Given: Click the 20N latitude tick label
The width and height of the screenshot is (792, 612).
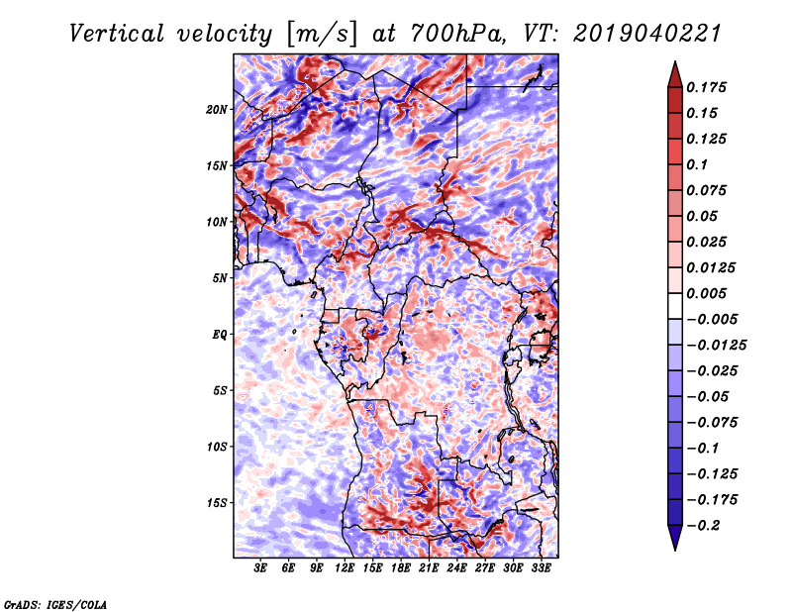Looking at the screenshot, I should (x=217, y=109).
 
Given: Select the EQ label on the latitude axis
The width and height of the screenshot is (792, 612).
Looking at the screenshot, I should (x=219, y=335).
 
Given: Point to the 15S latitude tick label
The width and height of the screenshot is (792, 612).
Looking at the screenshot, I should (x=217, y=503).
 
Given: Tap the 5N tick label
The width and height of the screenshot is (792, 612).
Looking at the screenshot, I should (x=220, y=278).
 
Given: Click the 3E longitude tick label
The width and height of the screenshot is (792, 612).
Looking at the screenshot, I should (x=261, y=569).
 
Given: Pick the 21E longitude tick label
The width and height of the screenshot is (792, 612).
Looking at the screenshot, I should (x=429, y=569).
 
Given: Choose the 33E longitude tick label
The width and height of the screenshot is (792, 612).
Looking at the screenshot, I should (x=541, y=569).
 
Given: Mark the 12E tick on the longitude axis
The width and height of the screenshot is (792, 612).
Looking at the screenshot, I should (x=345, y=569).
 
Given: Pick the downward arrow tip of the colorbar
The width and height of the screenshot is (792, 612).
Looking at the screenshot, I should (x=674, y=548).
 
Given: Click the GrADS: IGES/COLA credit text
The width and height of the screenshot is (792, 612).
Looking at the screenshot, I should (x=54, y=603).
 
